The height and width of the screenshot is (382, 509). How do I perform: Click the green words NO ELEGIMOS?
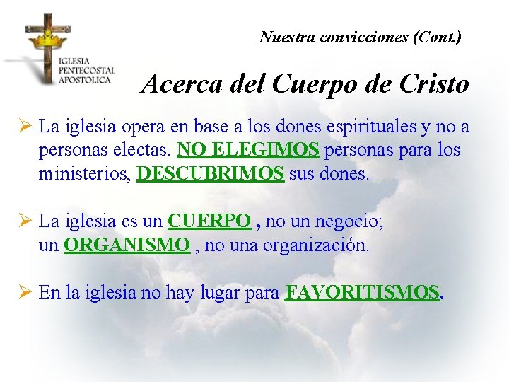[x=249, y=150]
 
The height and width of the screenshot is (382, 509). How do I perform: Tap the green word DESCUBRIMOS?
[x=210, y=174]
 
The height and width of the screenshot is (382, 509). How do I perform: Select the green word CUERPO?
[x=209, y=221]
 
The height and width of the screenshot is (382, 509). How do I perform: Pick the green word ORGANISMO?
[x=127, y=245]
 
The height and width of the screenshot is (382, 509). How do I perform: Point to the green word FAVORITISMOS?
[x=362, y=293]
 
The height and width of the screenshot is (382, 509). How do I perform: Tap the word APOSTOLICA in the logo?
[x=85, y=80]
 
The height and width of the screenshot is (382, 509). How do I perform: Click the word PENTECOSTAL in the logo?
[x=87, y=71]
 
